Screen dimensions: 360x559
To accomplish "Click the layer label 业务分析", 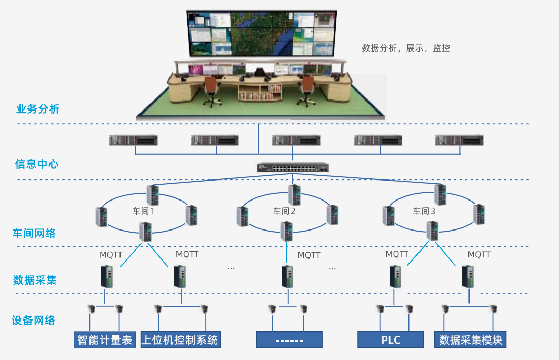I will pos(38,109).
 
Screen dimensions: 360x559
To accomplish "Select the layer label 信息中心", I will pos(37,164).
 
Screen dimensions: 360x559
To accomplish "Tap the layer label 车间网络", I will pos(34,233).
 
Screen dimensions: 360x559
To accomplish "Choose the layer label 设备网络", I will pos(34,320).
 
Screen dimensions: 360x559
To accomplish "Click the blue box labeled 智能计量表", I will pos(105,339).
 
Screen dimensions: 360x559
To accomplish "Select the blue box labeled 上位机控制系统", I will pos(180,339).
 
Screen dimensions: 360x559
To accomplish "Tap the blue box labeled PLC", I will pos(391,339).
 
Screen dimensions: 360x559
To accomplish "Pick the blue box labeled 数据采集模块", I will pos(471,339).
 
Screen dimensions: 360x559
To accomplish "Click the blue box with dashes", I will pos(289,339).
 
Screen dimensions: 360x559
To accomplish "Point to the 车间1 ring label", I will pos(143,212).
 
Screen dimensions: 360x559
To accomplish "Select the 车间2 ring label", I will pos(284,212).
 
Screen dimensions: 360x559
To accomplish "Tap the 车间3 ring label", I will pos(424,212).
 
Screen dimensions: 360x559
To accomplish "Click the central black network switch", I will pos(293,167).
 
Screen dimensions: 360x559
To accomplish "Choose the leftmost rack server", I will pos(134,141).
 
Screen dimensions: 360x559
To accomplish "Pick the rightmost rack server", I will pos(460,141).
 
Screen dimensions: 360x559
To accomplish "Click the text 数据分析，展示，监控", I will pos(406,48).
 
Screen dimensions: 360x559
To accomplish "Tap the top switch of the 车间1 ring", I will pos(153,195).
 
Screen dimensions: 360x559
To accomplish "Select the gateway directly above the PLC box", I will pos(395,277).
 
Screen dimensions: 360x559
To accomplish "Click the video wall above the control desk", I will pos(262,33).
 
